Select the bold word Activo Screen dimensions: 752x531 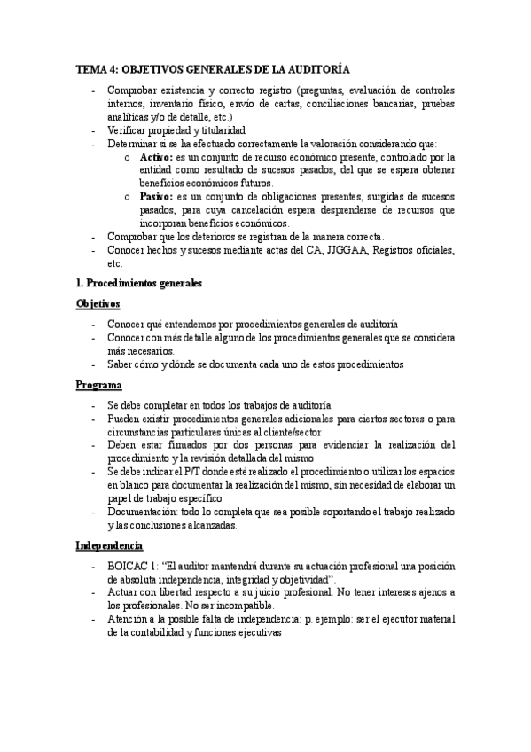point(157,157)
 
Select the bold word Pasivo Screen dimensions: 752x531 point(156,197)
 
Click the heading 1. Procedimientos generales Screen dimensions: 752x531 point(139,284)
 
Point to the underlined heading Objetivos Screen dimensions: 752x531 point(98,304)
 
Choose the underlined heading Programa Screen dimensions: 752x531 point(98,386)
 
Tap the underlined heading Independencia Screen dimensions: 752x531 point(110,545)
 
